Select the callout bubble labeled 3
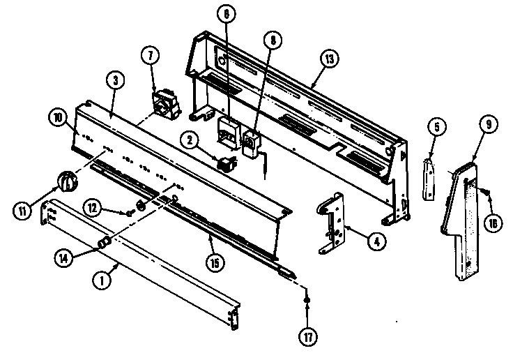click(116, 80)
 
